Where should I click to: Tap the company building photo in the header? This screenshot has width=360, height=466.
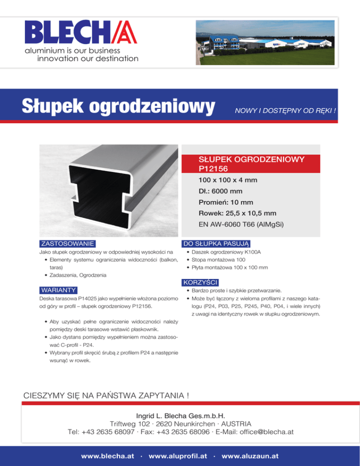point(265,43)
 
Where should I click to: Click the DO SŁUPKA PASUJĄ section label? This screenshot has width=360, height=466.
point(217,243)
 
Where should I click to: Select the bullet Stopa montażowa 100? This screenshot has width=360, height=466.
point(215,260)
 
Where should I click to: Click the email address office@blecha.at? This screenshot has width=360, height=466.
point(265,432)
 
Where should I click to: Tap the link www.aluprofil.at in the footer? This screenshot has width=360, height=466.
point(178,456)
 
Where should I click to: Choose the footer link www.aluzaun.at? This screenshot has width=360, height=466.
point(250,456)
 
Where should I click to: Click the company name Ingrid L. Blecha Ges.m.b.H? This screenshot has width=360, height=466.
point(180,415)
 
